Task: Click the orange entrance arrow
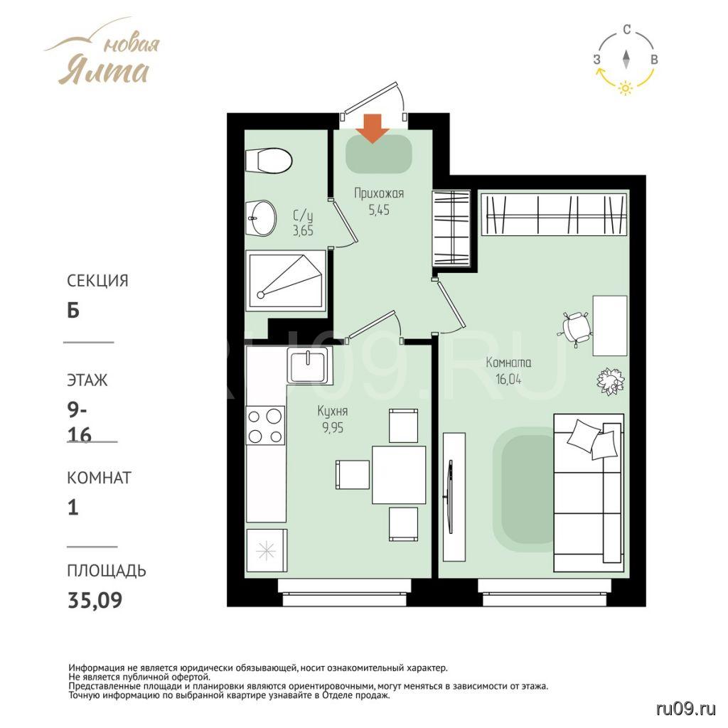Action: point(374,128)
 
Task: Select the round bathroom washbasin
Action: point(262,218)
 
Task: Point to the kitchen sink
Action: point(309,365)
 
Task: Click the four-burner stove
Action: point(265,426)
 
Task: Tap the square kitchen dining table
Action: point(399,474)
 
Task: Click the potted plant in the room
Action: point(611,382)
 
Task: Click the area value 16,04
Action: point(508,380)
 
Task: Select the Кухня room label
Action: point(333,411)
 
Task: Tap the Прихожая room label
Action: point(379,193)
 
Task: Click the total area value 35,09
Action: point(95,600)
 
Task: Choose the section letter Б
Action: point(73,310)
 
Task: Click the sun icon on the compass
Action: point(626,87)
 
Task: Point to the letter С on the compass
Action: point(627,30)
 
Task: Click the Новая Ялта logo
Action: point(103,53)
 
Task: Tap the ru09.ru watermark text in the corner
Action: point(686,709)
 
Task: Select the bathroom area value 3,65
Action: point(303,230)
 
